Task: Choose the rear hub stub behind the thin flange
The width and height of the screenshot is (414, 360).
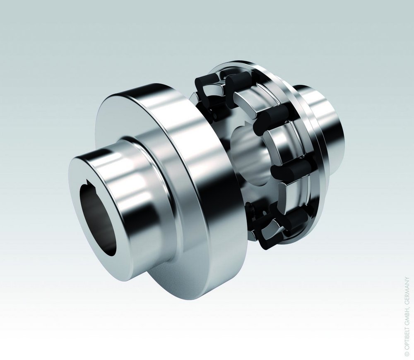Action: [x=327, y=124]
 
